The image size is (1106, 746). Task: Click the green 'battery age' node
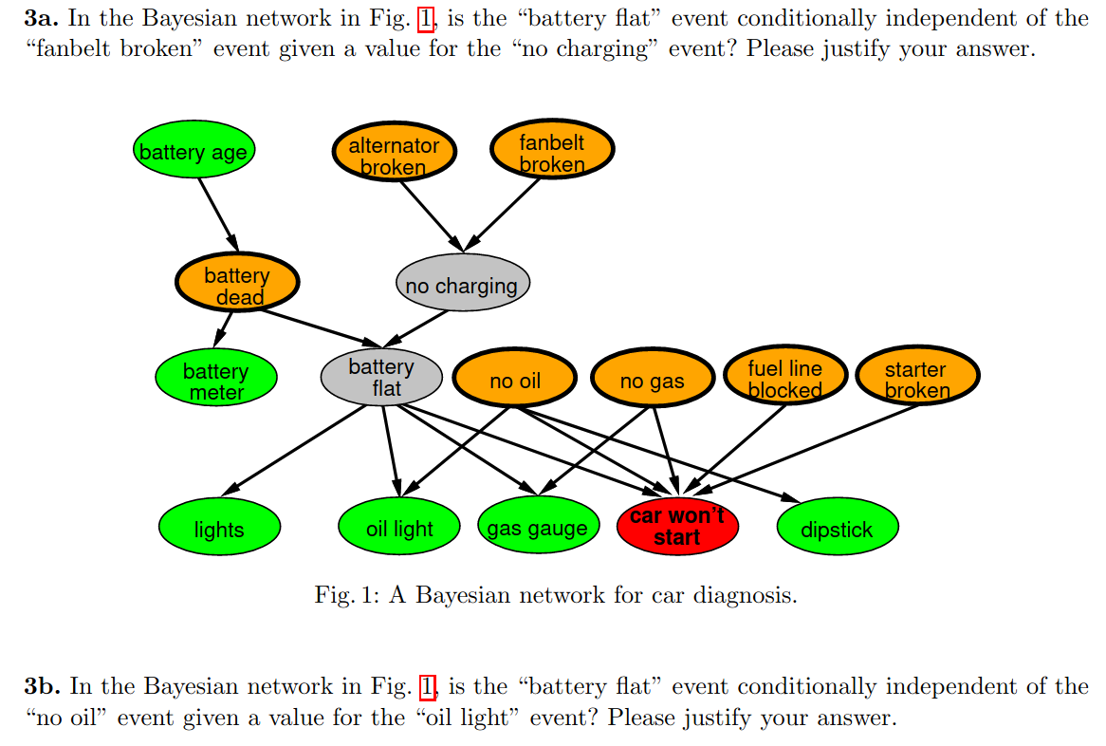[194, 152]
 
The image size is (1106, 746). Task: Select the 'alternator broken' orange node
[394, 155]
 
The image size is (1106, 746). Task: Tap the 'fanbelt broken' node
[552, 152]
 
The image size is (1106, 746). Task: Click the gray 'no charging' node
[462, 285]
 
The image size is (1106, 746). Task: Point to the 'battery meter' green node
[216, 381]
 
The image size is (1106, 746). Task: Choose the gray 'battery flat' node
[381, 377]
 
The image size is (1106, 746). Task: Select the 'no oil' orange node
[515, 381]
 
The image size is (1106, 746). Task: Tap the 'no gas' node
[652, 381]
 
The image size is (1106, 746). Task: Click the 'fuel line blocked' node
[784, 378]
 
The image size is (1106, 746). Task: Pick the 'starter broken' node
[916, 378]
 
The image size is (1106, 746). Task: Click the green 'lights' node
[219, 529]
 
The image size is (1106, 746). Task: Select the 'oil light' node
[399, 528]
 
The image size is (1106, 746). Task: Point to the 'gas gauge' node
[538, 528]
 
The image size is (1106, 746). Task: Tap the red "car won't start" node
[676, 527]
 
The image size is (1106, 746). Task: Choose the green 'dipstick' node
[837, 529]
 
